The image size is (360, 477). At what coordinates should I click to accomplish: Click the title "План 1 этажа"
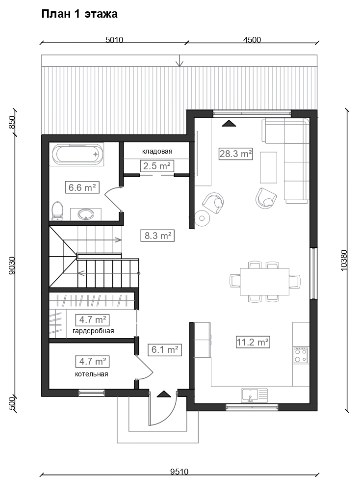click(79, 14)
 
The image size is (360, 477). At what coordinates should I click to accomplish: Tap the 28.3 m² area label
click(235, 154)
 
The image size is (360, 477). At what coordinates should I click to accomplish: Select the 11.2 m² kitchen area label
click(253, 342)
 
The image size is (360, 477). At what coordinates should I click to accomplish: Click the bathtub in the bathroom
click(78, 154)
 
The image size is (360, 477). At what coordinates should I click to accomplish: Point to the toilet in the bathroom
click(57, 211)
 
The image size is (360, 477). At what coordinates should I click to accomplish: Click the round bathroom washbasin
click(85, 214)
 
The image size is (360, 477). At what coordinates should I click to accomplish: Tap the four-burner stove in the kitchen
click(301, 355)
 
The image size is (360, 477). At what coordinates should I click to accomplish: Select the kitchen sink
click(255, 396)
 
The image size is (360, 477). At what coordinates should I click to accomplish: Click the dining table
click(264, 281)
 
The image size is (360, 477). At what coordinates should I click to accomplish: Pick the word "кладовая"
click(157, 151)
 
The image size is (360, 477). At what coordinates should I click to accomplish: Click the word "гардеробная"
click(93, 331)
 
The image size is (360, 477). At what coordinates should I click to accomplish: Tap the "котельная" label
click(92, 374)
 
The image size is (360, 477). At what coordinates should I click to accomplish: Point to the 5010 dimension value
click(114, 40)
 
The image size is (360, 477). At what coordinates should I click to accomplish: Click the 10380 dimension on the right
click(344, 260)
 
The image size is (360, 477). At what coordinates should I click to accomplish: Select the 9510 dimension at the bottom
click(180, 472)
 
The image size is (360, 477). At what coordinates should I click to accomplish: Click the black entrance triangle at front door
click(164, 394)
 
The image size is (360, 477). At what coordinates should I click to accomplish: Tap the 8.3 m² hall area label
click(157, 236)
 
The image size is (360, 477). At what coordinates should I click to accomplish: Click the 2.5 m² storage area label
click(156, 166)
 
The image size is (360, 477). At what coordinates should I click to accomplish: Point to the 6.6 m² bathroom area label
click(82, 187)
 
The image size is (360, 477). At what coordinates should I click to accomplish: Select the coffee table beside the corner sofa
click(268, 168)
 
